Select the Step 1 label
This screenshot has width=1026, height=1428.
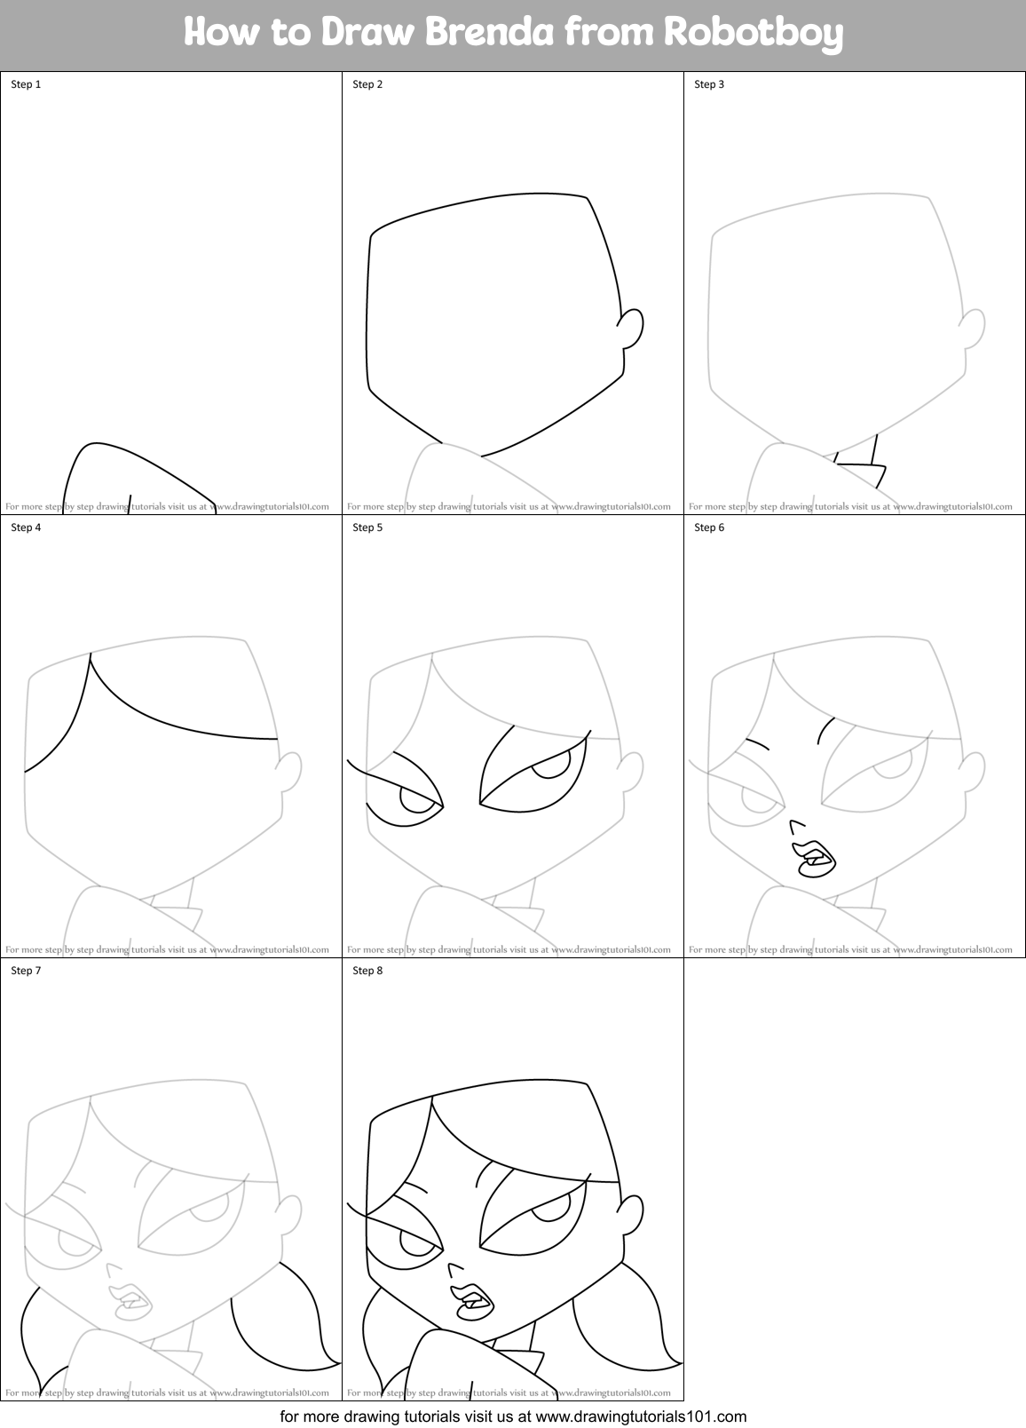click(x=26, y=84)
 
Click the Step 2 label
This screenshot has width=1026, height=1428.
click(x=367, y=84)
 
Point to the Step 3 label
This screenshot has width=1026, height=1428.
click(x=709, y=84)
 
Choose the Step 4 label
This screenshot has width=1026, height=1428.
click(x=26, y=528)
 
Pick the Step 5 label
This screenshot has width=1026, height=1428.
click(x=367, y=528)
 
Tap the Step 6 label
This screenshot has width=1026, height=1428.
click(x=709, y=528)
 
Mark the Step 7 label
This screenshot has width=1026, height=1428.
click(x=26, y=971)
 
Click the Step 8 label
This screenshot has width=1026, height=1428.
click(x=367, y=971)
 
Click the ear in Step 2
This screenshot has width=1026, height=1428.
click(x=631, y=329)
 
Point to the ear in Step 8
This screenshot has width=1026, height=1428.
click(x=631, y=1215)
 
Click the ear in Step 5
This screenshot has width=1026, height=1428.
click(x=631, y=772)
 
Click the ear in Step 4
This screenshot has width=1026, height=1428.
click(x=290, y=772)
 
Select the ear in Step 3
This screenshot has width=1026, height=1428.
click(x=974, y=329)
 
